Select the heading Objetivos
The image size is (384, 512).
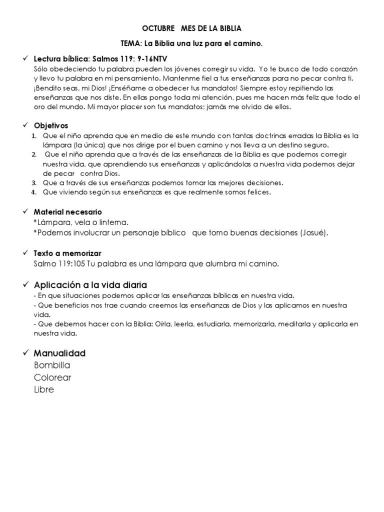coord(51,125)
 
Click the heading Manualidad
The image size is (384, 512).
coord(60,353)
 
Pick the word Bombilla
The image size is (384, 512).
coord(52,365)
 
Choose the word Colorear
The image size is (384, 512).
coord(53,377)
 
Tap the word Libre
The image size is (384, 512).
coord(44,389)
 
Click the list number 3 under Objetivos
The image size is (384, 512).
coord(33,182)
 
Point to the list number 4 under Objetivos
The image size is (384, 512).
coord(33,192)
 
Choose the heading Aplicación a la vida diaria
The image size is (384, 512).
coord(90,285)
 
